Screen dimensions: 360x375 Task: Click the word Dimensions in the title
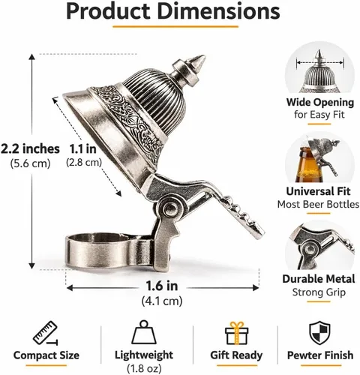coord(219,11)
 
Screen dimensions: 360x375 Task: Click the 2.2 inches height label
coord(30,149)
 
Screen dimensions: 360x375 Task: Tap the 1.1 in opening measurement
coord(82,149)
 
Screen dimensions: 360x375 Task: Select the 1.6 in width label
coord(162,286)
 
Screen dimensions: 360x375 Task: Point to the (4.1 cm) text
coord(162,301)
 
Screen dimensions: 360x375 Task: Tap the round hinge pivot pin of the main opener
coord(170,207)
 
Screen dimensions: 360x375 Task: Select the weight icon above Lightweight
coord(144,332)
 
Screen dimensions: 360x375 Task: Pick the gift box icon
coord(236,333)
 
